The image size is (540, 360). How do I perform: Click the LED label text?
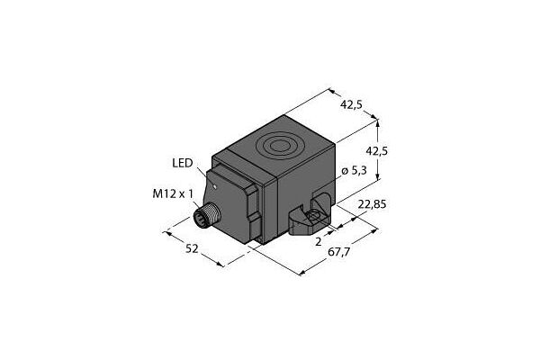tap(182, 162)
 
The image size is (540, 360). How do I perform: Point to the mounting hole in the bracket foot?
tap(312, 217)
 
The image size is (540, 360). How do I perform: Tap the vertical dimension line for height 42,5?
tap(377, 148)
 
